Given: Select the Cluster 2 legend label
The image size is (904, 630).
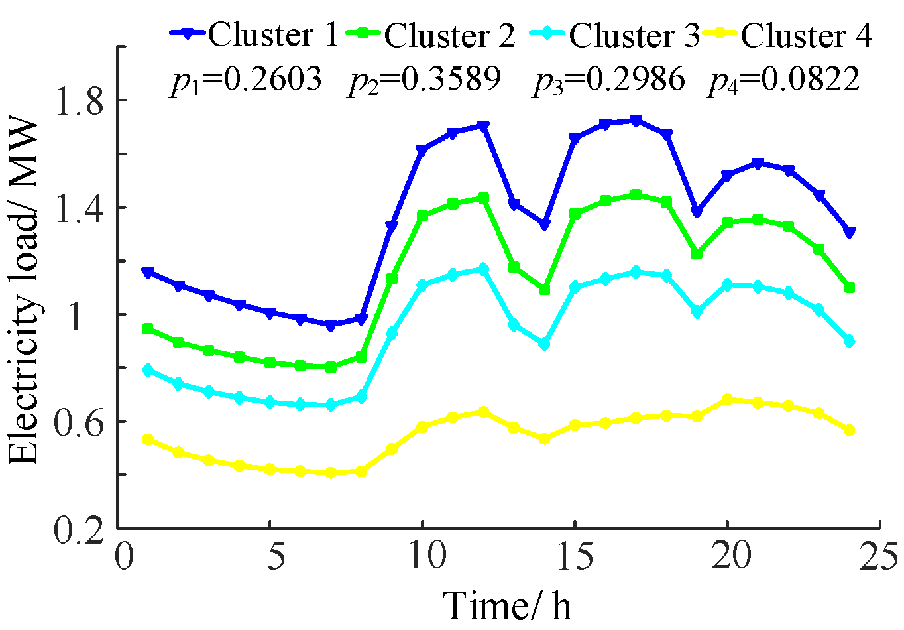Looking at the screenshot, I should [x=449, y=34].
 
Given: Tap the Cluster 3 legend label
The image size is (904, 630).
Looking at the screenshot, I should [x=634, y=34].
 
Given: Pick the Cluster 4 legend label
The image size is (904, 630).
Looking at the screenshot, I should [x=806, y=34].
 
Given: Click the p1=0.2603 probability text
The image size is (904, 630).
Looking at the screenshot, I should [x=246, y=80].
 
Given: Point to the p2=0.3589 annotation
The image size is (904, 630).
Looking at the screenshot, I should [x=424, y=80].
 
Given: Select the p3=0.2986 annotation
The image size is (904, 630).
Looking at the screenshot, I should [x=608, y=80].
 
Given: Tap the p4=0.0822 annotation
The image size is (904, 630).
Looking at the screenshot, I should [x=784, y=80].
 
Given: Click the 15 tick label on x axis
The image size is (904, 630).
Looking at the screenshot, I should [x=574, y=556].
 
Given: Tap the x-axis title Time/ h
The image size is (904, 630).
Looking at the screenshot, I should [x=506, y=605].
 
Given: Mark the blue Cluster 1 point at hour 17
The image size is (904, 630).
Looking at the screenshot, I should [x=636, y=121].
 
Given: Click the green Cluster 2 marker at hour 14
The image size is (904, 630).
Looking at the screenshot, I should [x=544, y=290].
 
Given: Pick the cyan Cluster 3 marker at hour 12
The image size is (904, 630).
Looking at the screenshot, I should [x=483, y=269].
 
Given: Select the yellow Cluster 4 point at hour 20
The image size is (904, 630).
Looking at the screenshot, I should [x=727, y=399].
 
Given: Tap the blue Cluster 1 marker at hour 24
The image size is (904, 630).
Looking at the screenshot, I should [x=849, y=232].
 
